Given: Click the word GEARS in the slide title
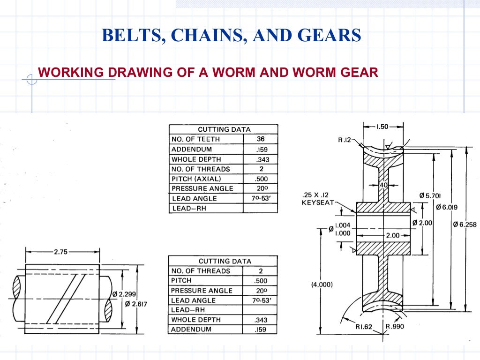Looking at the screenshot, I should click(331, 35).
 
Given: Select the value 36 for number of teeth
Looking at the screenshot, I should click(260, 139).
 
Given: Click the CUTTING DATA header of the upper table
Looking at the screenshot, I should click(224, 129).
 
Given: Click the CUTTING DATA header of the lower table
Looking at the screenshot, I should click(225, 261).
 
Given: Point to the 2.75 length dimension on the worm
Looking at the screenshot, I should click(61, 252).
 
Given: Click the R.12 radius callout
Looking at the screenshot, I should click(345, 140).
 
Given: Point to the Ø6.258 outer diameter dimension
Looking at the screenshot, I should click(465, 225).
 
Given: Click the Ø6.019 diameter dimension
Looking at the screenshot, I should click(448, 207).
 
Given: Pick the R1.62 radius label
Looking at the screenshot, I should click(363, 327).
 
